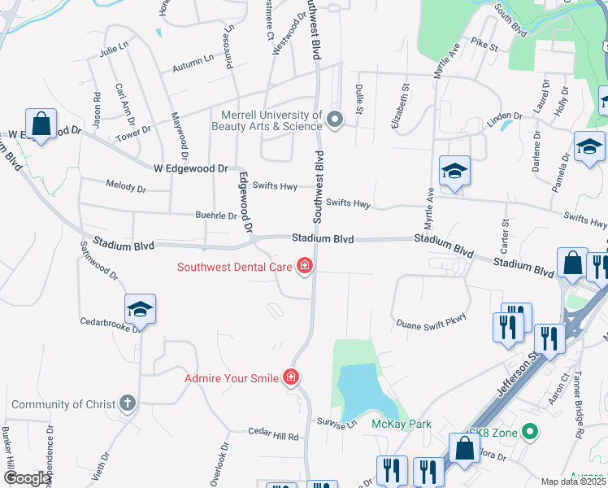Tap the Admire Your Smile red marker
point(290,377)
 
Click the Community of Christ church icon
point(126,403)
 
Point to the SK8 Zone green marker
point(531,431)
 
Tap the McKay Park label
point(402,424)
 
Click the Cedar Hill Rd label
point(274,436)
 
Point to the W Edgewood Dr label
point(191,168)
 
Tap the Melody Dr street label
point(126,187)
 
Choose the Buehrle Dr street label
point(215,216)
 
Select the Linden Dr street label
point(504,120)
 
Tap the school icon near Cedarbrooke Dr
point(140,309)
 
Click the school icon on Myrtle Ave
point(455,171)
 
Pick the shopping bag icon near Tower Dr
point(41,124)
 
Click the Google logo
point(27,478)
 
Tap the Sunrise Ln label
point(341,425)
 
